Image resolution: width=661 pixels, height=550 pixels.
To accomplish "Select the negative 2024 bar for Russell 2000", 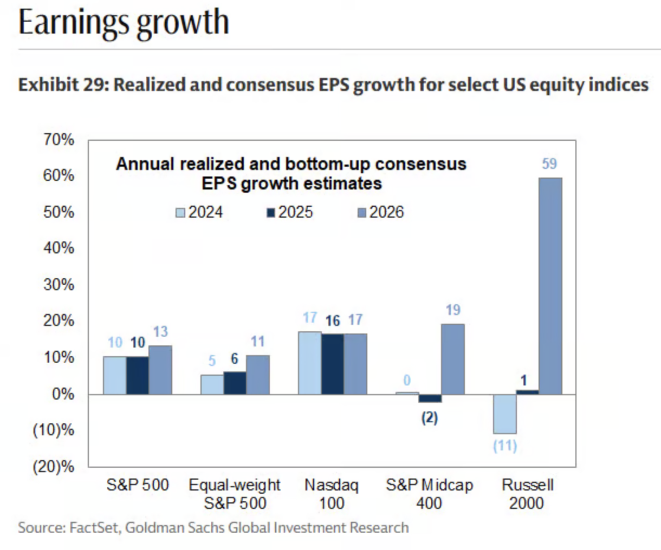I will tap(505, 414).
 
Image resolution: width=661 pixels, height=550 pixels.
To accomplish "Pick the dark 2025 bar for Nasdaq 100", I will tap(332, 364).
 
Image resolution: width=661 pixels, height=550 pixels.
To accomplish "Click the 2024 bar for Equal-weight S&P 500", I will tap(212, 384).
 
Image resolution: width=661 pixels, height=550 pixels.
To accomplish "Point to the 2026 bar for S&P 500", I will tap(160, 370).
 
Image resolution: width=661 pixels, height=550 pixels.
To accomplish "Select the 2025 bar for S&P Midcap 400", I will tap(430, 398).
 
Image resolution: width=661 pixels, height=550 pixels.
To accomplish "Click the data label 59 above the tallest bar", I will tap(549, 163).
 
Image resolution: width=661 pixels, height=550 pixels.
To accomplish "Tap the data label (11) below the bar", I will tap(505, 446).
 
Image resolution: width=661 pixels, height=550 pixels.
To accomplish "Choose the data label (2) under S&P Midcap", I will tap(430, 418).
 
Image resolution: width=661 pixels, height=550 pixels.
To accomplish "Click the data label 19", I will tap(453, 310).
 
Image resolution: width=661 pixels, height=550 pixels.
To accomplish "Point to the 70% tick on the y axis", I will tap(59, 140).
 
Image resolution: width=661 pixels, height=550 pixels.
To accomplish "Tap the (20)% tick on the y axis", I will tap(54, 467).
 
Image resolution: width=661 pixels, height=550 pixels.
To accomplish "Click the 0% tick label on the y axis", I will tap(63, 394).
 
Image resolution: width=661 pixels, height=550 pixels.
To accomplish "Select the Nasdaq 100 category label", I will tap(331, 494).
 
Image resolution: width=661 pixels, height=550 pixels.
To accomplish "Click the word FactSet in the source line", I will tap(93, 527).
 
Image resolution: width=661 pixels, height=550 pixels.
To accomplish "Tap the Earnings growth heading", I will tap(124, 23).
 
